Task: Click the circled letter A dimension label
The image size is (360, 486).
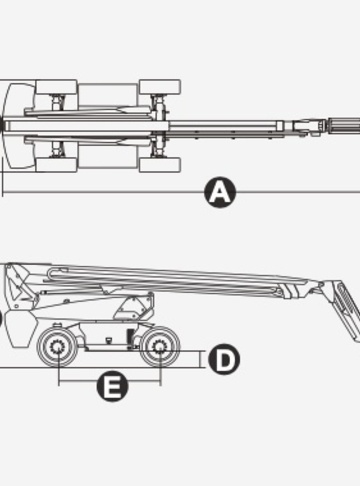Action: (220, 192)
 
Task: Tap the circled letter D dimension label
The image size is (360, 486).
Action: (224, 359)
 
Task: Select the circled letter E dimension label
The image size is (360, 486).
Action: (112, 386)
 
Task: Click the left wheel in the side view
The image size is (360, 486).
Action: (57, 347)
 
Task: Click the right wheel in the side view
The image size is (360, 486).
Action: (160, 347)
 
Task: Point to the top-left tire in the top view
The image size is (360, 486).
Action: (56, 87)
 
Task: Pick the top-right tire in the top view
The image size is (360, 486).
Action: (160, 87)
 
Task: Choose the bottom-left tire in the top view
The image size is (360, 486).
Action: (56, 165)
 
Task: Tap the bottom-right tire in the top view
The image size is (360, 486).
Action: (160, 165)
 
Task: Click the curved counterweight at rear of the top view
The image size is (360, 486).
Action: (18, 126)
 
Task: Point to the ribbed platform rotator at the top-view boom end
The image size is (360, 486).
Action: (344, 126)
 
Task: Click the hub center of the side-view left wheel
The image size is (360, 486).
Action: (57, 347)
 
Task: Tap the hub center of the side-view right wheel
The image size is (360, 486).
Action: (160, 347)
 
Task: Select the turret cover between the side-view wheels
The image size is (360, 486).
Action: (134, 306)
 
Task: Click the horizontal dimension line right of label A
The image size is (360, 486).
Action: (298, 192)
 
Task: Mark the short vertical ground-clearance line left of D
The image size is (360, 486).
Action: (201, 359)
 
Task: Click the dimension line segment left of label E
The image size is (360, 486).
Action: (78, 381)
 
